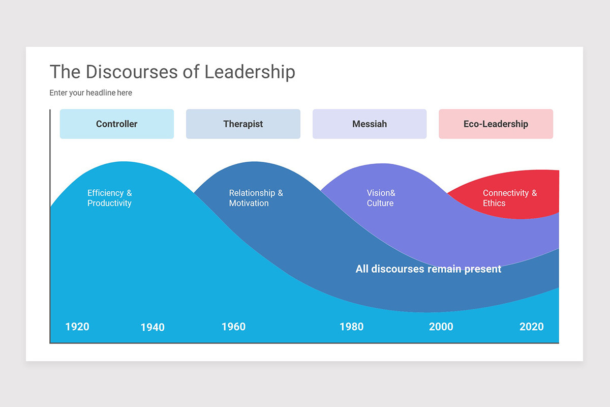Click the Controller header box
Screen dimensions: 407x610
117,124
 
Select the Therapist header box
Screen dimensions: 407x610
243,124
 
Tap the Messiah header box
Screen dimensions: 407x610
370,124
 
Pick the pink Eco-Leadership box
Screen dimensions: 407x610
496,124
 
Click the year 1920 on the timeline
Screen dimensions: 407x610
77,327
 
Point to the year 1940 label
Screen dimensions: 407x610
152,327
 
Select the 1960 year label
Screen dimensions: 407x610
233,327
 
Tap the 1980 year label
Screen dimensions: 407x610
351,327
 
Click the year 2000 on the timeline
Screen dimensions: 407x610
441,327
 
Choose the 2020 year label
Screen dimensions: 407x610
531,327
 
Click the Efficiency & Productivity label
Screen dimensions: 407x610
109,198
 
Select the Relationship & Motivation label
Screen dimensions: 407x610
256,198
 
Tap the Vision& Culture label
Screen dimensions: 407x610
381,198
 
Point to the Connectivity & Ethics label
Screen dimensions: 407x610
509,198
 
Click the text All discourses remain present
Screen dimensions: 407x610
428,269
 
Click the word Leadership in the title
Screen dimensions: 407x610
250,72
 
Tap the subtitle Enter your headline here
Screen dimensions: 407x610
90,93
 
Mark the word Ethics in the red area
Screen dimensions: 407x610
494,203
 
